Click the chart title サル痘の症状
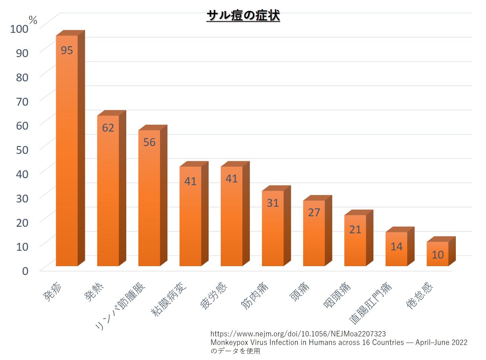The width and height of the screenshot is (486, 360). pos(243,15)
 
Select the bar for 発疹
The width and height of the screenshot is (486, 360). pos(70,148)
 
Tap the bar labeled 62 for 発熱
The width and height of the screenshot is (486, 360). pos(111,188)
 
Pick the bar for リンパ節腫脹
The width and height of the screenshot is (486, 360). pos(153,195)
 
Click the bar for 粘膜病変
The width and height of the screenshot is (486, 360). pos(194,214)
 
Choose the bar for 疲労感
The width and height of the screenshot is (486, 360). pos(235,214)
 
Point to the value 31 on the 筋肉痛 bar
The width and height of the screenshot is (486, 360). pos(273,203)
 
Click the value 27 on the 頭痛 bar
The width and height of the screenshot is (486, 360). pos(314,212)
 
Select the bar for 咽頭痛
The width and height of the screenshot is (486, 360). pos(359,238)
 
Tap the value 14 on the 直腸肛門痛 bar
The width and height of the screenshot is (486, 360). pos(396,246)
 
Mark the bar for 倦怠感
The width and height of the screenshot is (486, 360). pos(441,251)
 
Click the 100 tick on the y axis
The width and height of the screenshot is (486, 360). pos(19,29)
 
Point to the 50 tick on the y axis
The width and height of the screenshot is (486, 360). pos(22,150)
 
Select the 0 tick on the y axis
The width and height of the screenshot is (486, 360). pos(25,271)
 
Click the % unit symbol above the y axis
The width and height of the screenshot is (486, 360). pos(33,20)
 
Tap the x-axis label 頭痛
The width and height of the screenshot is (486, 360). pos(299,292)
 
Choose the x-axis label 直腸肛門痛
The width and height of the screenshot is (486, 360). pos(370,303)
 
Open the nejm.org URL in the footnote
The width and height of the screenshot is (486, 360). pos(298,334)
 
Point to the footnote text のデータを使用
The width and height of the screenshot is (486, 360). pos(235,351)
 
